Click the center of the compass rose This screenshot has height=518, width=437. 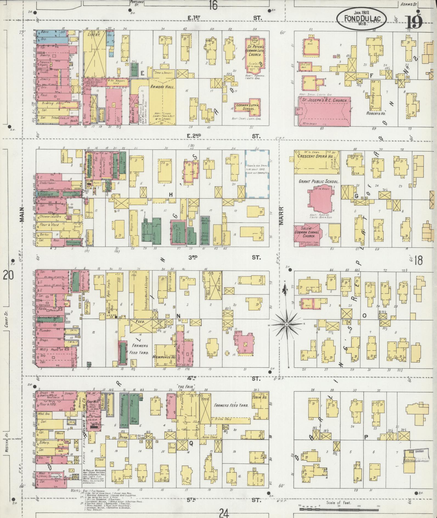[286, 324]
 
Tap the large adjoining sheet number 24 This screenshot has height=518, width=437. [224, 512]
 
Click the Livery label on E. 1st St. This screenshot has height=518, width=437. [93, 35]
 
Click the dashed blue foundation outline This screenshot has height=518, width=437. [257, 174]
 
